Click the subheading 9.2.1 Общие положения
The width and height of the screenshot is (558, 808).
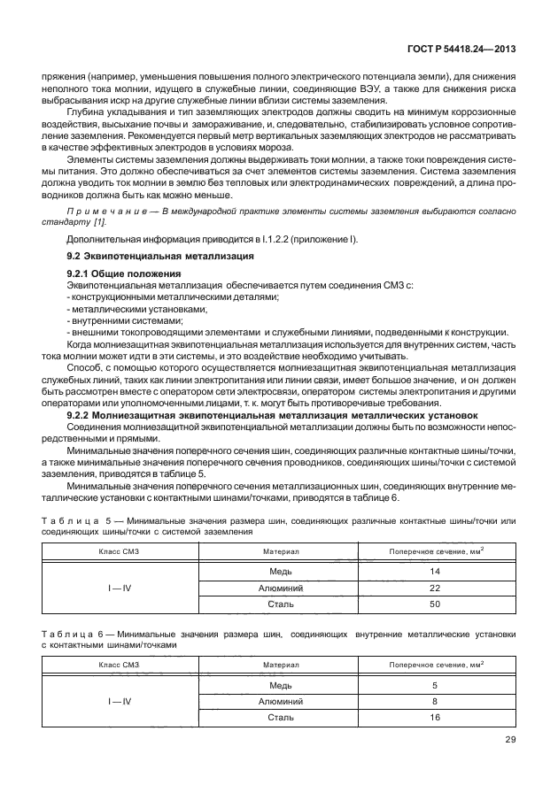click(124, 273)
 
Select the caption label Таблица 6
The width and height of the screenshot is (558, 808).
click(75, 634)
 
